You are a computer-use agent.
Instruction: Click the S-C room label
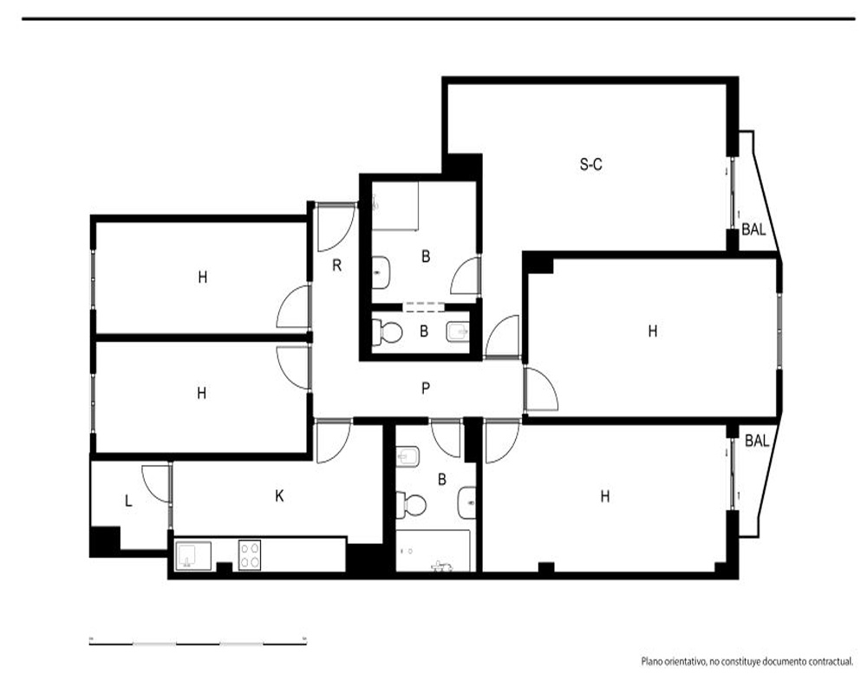[x=590, y=164]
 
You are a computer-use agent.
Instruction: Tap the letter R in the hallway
[x=336, y=265]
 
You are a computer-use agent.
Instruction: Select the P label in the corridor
[x=425, y=389]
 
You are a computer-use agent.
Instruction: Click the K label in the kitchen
[x=279, y=496]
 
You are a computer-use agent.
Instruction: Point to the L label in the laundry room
[x=128, y=501]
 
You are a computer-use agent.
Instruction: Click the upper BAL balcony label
[x=753, y=229]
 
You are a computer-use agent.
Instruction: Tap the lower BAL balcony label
[x=757, y=441]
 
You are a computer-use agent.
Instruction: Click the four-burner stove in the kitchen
[x=250, y=555]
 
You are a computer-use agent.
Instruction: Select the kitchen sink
[x=193, y=556]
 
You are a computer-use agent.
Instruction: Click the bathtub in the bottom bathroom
[x=433, y=551]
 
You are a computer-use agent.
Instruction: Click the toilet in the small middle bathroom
[x=387, y=332]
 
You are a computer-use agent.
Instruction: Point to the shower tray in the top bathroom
[x=395, y=205]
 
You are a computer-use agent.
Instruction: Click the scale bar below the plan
[x=198, y=643]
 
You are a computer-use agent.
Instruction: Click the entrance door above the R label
[x=335, y=227]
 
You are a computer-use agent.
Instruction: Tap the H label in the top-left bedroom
[x=202, y=277]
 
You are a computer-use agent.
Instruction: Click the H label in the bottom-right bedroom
[x=605, y=496]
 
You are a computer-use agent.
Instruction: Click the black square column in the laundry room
[x=105, y=540]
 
